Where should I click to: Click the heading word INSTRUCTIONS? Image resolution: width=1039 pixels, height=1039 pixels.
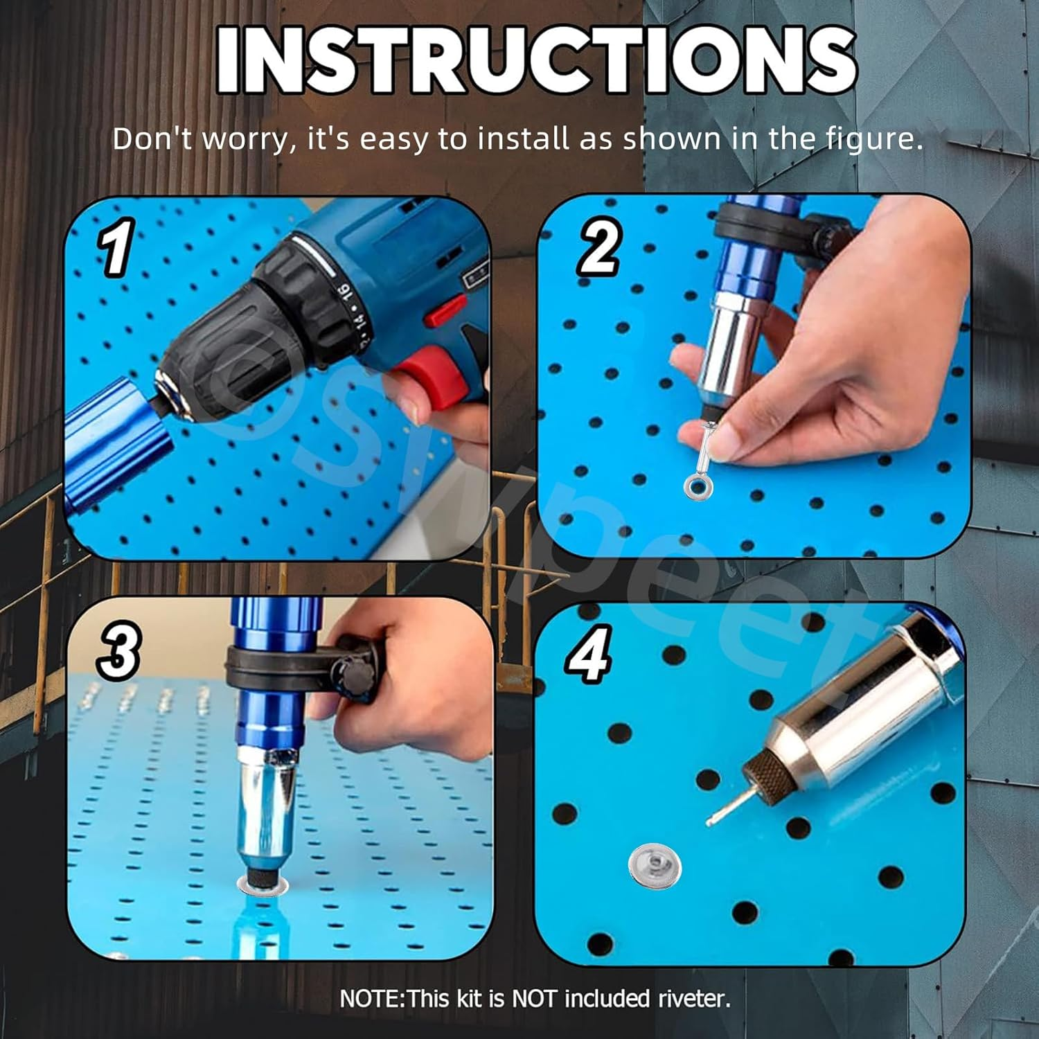(536, 60)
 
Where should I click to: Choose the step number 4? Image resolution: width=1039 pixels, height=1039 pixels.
(589, 653)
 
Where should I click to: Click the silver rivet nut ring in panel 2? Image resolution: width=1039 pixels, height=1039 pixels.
(693, 488)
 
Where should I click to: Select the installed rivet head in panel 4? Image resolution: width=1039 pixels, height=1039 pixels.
(655, 866)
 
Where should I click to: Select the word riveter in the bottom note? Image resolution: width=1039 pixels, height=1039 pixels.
(691, 998)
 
